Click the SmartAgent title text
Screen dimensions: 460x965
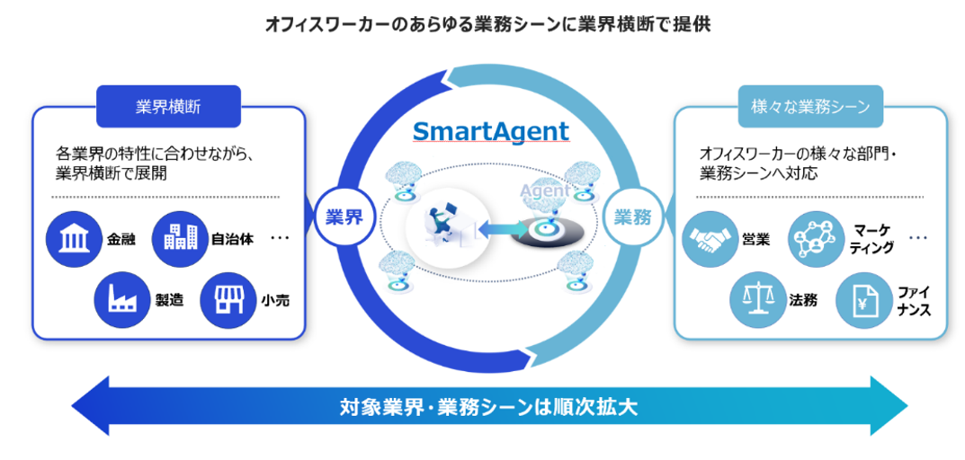tap(491, 132)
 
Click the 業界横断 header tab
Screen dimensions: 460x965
tap(168, 107)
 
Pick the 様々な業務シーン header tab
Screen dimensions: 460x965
tap(810, 107)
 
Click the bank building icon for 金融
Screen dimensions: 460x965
tap(73, 239)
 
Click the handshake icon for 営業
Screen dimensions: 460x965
tap(710, 239)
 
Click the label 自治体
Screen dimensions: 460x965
tap(232, 240)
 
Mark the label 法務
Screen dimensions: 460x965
tap(804, 300)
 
